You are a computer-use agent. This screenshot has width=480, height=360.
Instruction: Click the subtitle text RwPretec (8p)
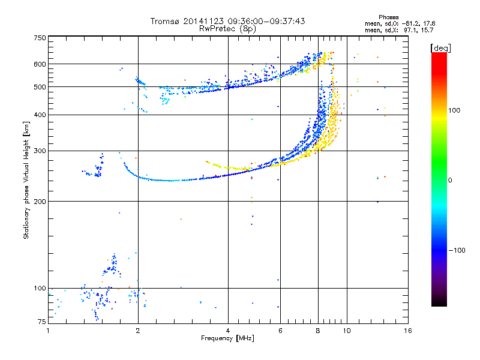pos(227,29)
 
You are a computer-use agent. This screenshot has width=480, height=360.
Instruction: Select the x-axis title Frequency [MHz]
pos(227,338)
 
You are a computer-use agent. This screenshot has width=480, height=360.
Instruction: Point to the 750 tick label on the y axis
pos(40,38)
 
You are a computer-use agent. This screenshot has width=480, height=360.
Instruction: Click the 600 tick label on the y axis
pos(40,64)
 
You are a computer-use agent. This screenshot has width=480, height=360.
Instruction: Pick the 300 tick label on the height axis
pos(40,151)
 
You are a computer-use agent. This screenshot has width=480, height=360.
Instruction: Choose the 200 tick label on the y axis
pos(40,201)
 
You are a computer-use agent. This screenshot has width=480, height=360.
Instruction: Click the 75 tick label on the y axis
pos(42,322)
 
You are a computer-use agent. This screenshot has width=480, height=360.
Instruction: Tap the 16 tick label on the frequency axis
pos(408,331)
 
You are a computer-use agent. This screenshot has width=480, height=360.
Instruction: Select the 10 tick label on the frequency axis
pos(347,331)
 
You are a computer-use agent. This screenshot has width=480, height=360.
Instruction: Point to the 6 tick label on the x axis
pos(280,331)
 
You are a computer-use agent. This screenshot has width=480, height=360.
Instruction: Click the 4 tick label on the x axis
pos(228,331)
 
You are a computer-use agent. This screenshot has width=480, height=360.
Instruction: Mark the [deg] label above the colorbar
pos(440,48)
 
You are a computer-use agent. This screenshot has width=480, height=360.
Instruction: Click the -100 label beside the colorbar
pos(457,250)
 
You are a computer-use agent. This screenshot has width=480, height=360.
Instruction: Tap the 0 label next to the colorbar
pos(450,180)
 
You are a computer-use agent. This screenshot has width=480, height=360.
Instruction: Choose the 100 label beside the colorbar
pos(454,110)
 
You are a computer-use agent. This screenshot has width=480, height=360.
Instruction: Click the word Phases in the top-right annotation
pos(388,17)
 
